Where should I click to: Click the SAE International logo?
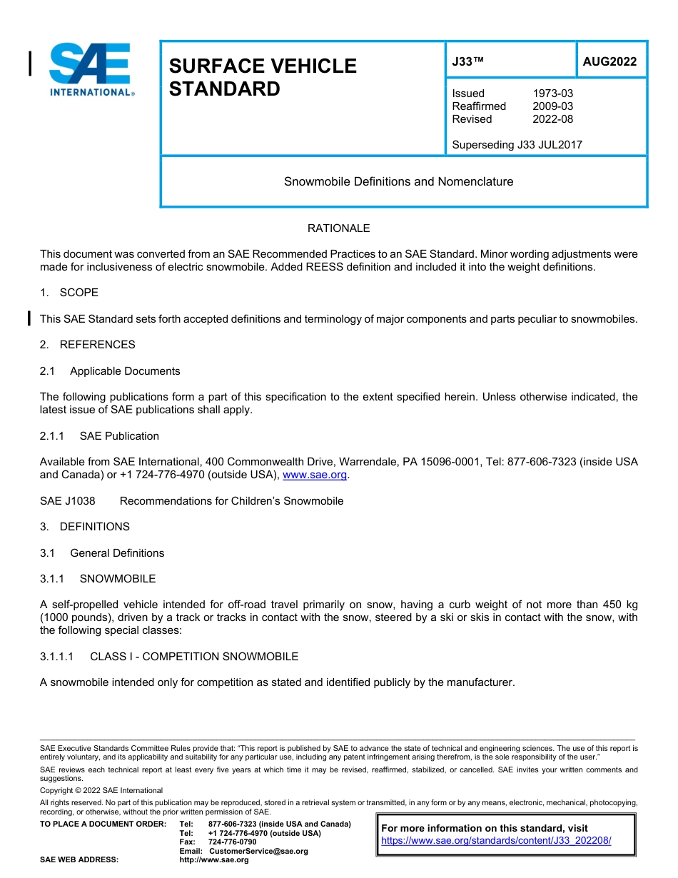pos(90,69)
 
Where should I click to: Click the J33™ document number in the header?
pos(467,62)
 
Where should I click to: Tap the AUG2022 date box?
pos(609,62)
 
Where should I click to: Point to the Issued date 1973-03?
pos(552,94)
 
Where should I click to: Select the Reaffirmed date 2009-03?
pos(552,106)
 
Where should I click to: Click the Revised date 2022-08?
pos(552,119)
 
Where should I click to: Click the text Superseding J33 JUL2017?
pos(517,145)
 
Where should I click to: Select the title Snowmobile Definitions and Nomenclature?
pos(398,181)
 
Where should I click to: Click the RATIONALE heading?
pos(338,228)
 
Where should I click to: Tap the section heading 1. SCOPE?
pos(69,293)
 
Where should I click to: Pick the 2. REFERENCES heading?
pos(87,345)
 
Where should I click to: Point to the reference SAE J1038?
pos(68,501)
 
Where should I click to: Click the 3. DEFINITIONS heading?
pos(85,527)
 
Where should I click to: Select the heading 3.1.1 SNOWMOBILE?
pos(98,579)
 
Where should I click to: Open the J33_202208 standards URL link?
pos(496,841)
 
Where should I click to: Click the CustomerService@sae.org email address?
pos(258,851)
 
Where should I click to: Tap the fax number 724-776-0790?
pos(232,842)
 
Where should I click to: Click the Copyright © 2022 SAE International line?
pos(101,790)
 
